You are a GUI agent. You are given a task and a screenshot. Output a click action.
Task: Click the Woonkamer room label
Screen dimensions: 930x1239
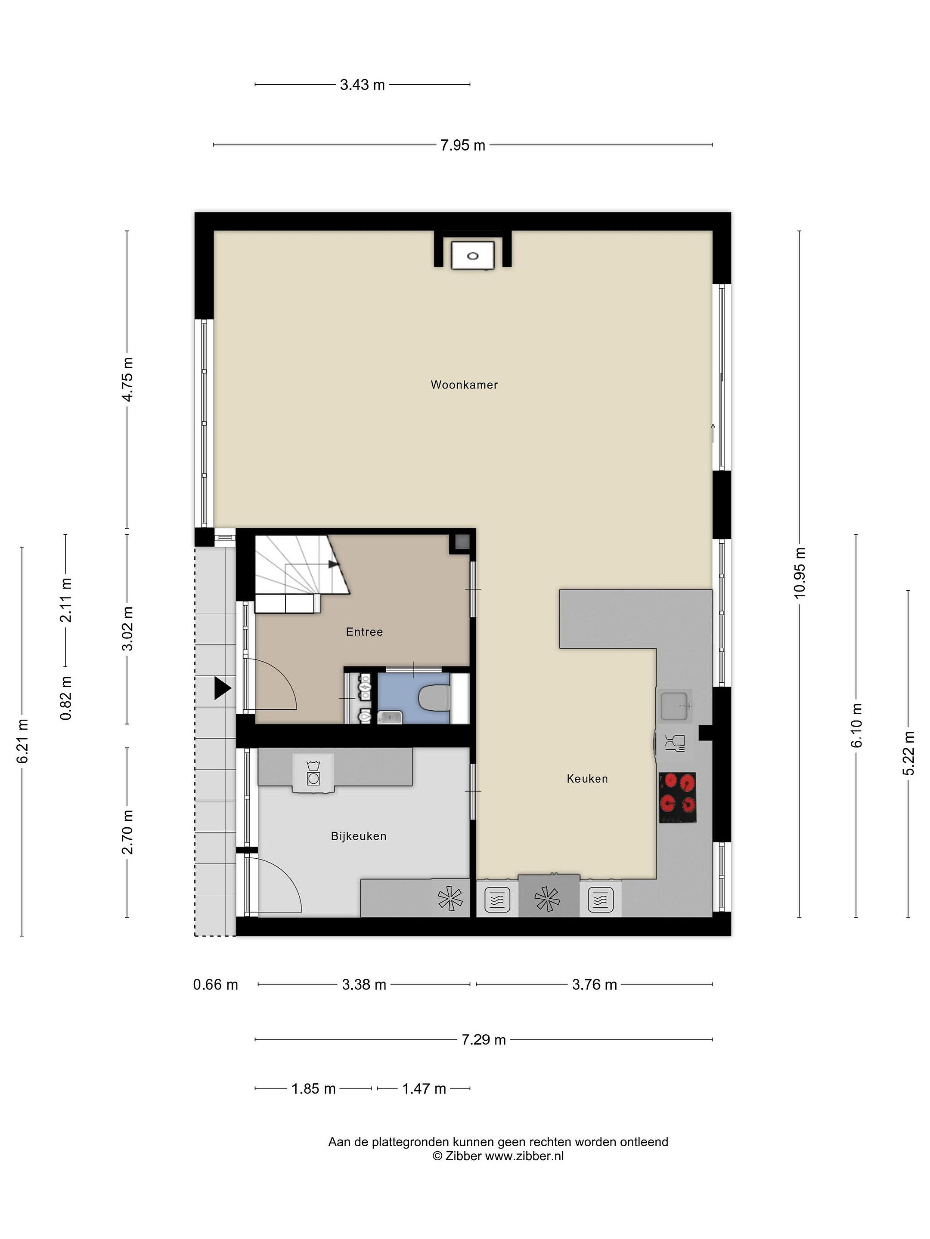464,385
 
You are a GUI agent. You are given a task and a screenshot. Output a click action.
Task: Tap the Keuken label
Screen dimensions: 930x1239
587,779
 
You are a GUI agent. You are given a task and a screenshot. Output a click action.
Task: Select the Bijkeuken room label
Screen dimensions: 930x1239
358,836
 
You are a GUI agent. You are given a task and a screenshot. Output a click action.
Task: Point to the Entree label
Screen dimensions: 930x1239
364,632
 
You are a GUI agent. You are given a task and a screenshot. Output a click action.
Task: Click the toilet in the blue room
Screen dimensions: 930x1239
435,699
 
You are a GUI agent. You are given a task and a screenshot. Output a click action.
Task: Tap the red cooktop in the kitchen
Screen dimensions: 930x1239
677,798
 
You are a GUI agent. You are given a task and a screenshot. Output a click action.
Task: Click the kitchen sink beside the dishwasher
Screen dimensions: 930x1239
674,706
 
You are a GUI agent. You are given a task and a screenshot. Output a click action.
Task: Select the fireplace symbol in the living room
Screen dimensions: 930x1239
473,256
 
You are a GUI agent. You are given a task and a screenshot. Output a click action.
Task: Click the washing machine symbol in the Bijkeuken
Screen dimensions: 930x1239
313,774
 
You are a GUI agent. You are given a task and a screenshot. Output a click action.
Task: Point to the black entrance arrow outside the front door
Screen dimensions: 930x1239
222,688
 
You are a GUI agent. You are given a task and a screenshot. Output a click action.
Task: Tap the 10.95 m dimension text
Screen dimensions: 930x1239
800,573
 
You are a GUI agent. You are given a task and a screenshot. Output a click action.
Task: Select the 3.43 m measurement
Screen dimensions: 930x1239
362,85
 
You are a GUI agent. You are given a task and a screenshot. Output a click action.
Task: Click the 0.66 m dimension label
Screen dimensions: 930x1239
215,985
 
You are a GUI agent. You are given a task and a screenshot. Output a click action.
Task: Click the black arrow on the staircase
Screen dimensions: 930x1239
334,564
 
